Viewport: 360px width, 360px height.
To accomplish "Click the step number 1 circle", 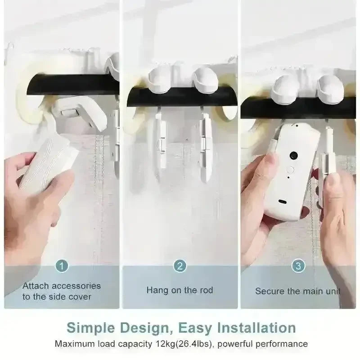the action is click(62, 266).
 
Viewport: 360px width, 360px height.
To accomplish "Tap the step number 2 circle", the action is click(180, 266).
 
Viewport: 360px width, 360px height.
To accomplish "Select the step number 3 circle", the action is click(298, 266).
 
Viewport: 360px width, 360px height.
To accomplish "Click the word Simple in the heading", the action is click(90, 328).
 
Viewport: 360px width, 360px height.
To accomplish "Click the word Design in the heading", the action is click(146, 328).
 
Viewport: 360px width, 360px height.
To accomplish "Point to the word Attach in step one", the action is click(36, 286).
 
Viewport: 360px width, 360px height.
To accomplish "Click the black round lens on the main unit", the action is click(294, 155).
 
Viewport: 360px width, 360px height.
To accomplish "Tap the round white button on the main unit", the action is click(290, 170).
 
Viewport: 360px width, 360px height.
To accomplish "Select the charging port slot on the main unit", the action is click(282, 202).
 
